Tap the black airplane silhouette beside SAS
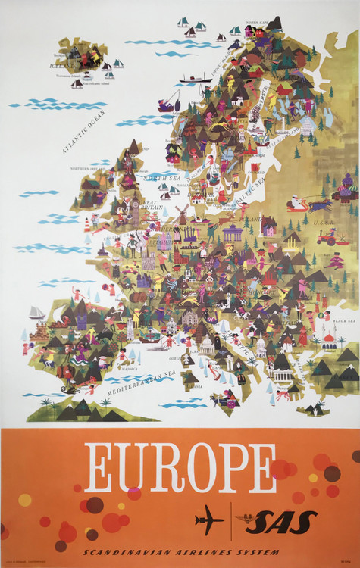[x=208, y=520]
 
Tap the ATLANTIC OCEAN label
[x=84, y=132]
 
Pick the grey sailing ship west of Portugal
[x=37, y=312]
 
